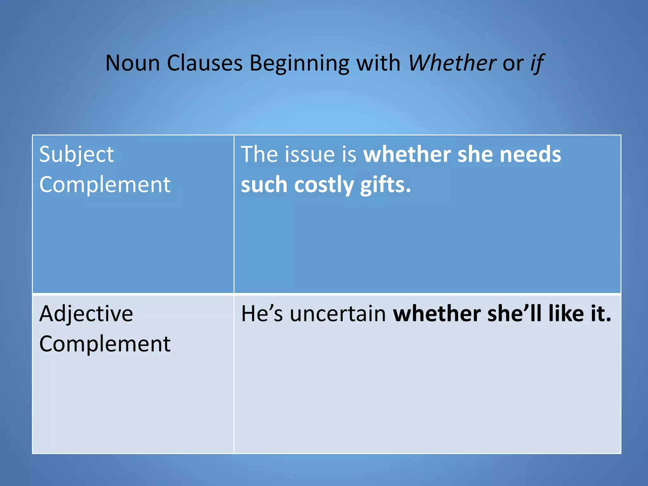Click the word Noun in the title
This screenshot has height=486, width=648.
133,63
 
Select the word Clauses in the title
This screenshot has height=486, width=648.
205,63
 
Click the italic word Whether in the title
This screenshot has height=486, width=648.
452,63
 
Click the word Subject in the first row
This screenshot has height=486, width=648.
76,155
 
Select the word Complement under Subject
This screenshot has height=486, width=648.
105,184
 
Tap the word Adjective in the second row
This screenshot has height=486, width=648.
86,314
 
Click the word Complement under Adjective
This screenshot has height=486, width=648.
105,344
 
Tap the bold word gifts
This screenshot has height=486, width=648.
385,185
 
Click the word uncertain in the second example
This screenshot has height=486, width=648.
338,314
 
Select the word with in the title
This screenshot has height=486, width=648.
379,63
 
